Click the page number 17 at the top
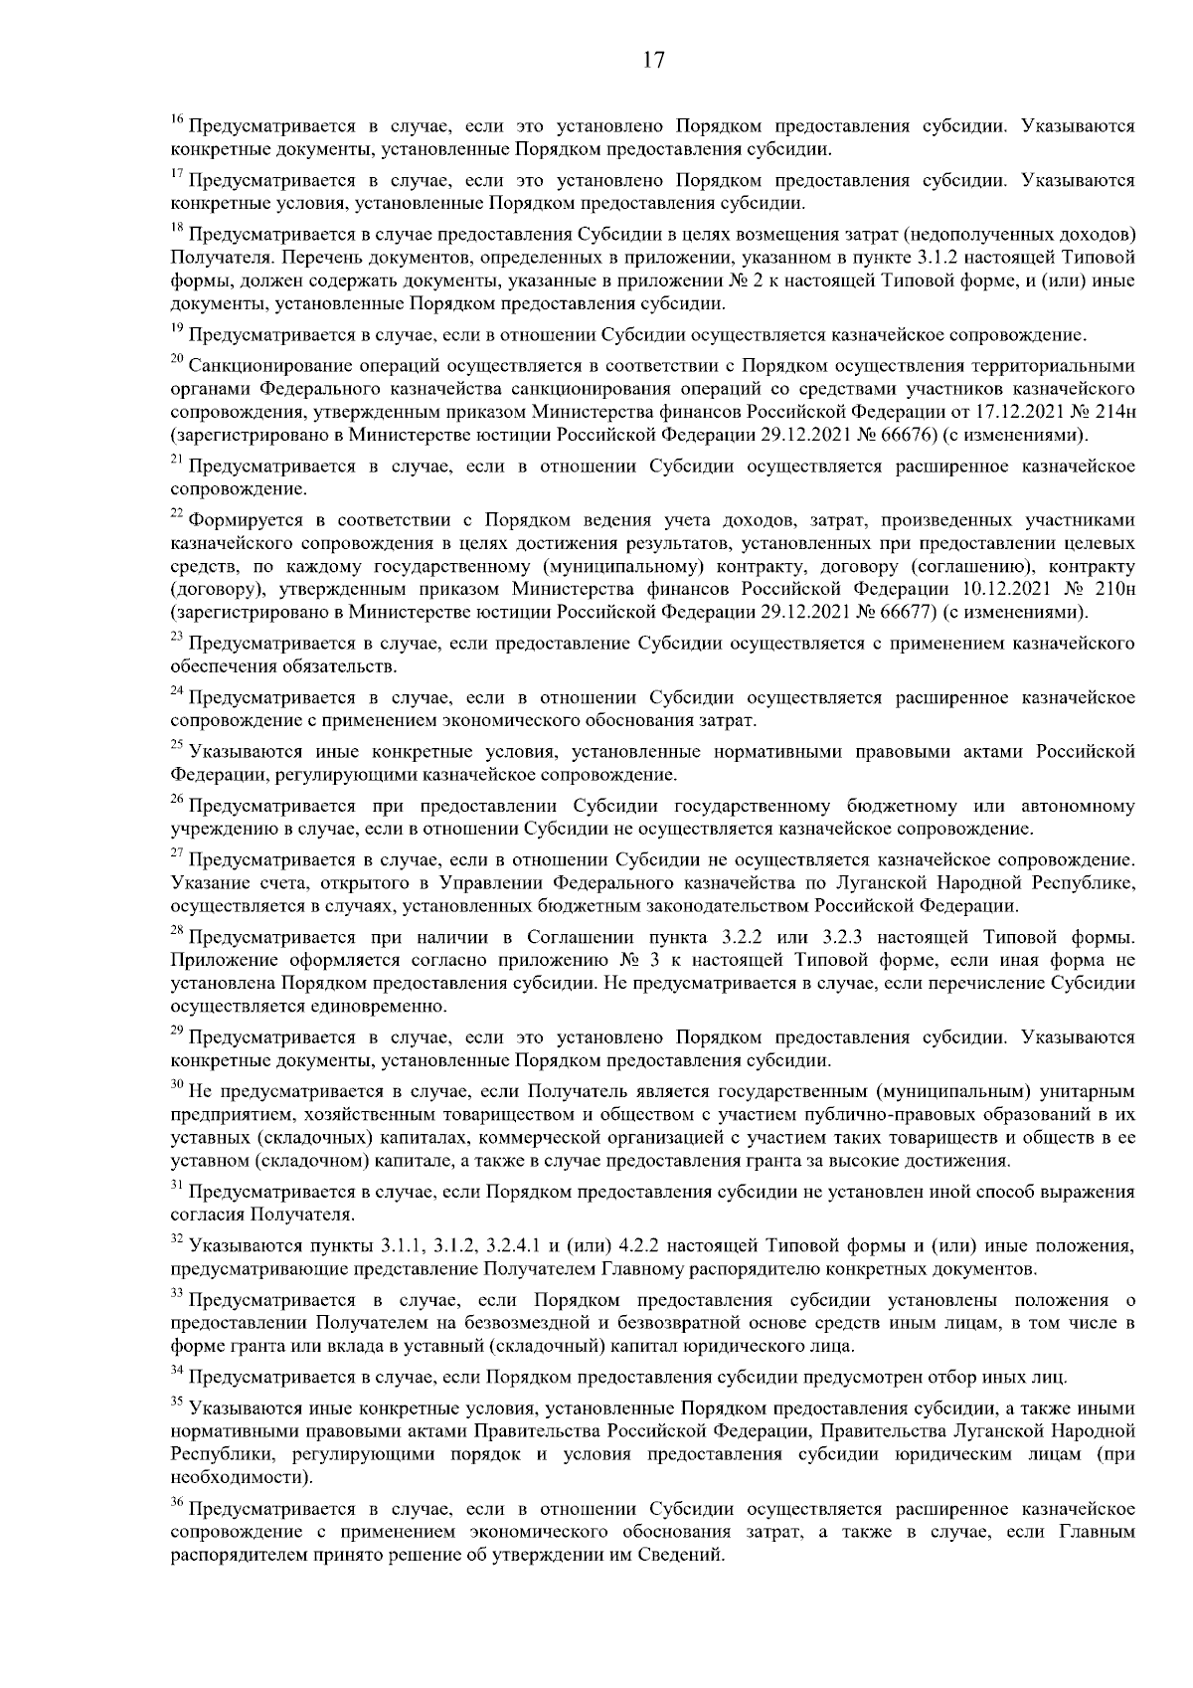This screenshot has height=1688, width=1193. [x=652, y=59]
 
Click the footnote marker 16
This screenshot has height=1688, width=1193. [x=177, y=121]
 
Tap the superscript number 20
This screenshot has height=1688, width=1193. [x=177, y=357]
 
